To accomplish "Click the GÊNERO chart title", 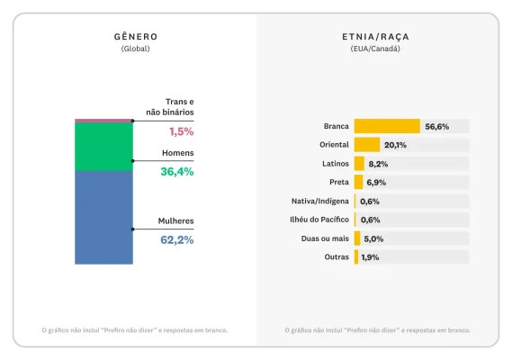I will pyautogui.click(x=135, y=37).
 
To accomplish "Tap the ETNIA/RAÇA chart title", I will pyautogui.click(x=375, y=37).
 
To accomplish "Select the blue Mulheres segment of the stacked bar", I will pyautogui.click(x=103, y=217).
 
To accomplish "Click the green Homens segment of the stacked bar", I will pyautogui.click(x=103, y=146).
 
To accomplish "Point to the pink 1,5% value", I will pyautogui.click(x=181, y=131).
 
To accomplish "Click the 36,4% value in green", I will pyautogui.click(x=176, y=171).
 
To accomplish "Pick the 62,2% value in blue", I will pyautogui.click(x=176, y=240).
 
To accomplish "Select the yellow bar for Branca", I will pyautogui.click(x=387, y=126).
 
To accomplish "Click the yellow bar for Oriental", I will pyautogui.click(x=366, y=145).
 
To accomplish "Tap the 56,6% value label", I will pyautogui.click(x=436, y=127).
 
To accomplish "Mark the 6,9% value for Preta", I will pyautogui.click(x=376, y=183).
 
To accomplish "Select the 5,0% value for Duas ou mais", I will pyautogui.click(x=373, y=238).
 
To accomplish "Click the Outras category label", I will pyautogui.click(x=336, y=257).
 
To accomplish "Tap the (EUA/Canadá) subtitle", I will pyautogui.click(x=375, y=49).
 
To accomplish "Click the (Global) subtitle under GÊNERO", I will pyautogui.click(x=135, y=49).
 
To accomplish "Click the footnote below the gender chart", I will pyautogui.click(x=135, y=329).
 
